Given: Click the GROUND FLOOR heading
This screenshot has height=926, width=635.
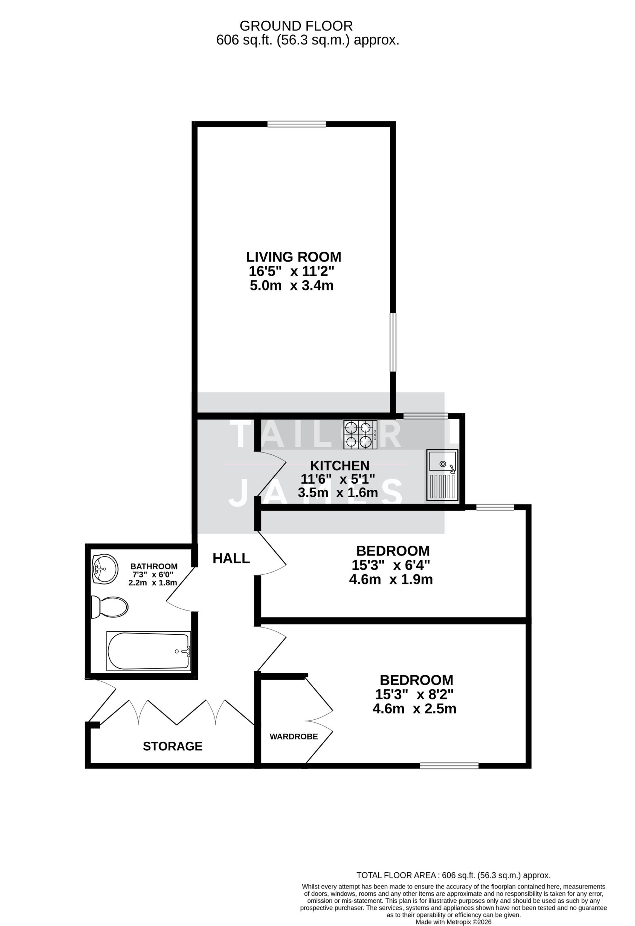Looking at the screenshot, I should coord(296,26).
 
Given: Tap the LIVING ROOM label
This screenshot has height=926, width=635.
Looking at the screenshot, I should coord(293,256).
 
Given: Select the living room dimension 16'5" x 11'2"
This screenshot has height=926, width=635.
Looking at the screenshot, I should coord(291,271).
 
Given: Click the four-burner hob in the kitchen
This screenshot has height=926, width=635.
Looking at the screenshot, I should coord(360,434).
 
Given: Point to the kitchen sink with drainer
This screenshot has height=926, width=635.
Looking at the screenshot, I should coord(442,474).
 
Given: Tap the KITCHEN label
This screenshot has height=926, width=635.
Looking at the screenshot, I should coord(340,466).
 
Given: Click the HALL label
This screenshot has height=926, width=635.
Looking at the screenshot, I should coord(231,558).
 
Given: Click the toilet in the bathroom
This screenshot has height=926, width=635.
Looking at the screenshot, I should coord(110,607).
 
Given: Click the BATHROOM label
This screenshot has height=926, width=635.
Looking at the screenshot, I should coord(154,566).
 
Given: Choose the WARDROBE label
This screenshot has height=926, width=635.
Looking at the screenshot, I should coord(293,737).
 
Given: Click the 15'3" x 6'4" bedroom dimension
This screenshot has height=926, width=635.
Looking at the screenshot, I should coord(391,565).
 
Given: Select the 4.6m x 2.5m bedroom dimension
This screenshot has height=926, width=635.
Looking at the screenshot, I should coord(414,708).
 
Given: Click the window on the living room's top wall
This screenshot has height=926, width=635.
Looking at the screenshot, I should coord(296,124).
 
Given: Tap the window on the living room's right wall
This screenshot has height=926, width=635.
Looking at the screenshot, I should coord(393,342).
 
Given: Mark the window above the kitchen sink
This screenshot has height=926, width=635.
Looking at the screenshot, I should coord(425,416).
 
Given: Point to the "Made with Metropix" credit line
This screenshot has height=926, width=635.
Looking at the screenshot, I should coord(453,922).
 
